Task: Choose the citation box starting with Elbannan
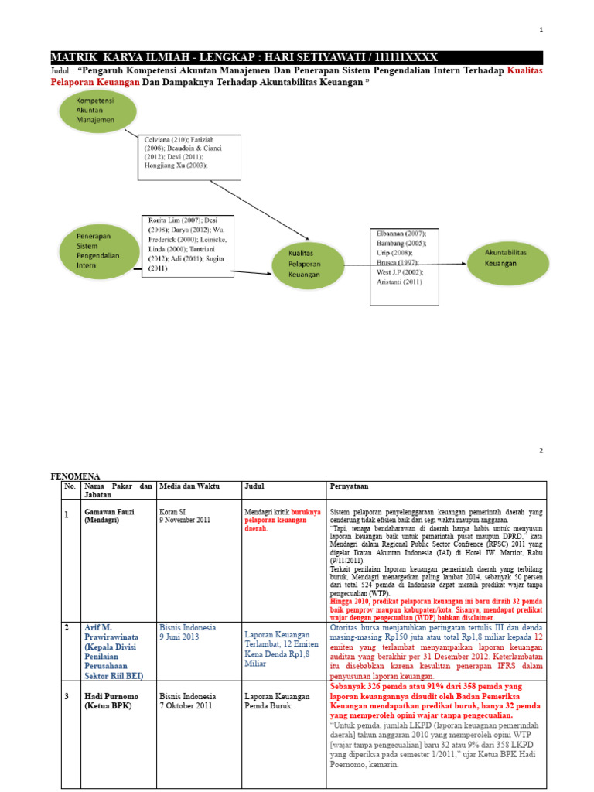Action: [402, 258]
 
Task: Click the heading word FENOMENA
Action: [76, 476]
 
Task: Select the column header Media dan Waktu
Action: [189, 486]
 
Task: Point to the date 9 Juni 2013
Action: [179, 637]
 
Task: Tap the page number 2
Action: [541, 450]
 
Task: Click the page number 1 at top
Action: [541, 30]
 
